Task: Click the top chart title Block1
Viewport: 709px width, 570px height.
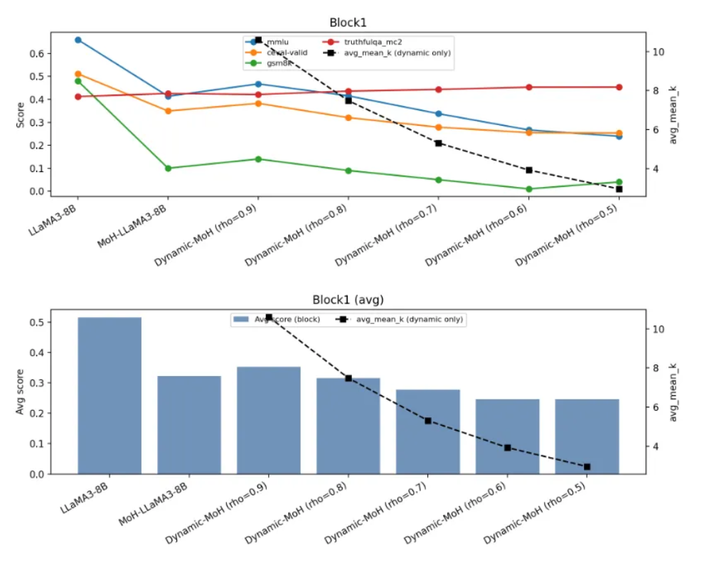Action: (348, 23)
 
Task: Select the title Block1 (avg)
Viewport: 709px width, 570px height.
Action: (348, 300)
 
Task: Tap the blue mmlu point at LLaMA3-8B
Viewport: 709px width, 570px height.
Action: (78, 40)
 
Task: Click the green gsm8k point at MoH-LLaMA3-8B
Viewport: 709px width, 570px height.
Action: (168, 168)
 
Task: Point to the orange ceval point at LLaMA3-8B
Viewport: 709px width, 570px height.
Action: (78, 74)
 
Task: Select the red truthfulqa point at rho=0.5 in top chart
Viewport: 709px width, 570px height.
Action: (619, 87)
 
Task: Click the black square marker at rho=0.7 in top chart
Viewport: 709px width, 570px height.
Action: (439, 143)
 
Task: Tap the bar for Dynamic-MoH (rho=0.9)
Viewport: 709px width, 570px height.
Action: (269, 420)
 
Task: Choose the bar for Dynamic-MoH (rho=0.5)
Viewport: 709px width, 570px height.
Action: (587, 436)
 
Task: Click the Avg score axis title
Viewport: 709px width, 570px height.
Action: (21, 392)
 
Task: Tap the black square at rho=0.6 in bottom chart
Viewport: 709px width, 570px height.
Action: (508, 448)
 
